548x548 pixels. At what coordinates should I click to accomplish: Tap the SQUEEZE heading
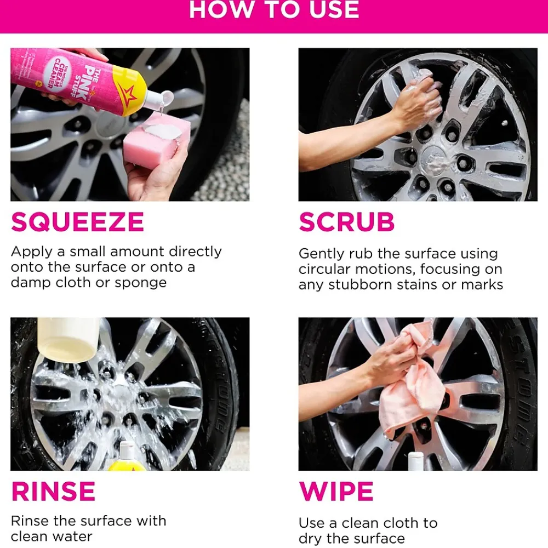[x=78, y=222]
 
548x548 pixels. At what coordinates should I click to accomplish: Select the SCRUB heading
[x=347, y=222]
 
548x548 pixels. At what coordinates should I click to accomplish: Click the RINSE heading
[x=53, y=492]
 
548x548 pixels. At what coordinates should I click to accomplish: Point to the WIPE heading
[x=336, y=492]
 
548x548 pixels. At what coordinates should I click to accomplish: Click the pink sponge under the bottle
[x=157, y=140]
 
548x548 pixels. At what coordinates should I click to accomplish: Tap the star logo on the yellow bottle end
[x=128, y=95]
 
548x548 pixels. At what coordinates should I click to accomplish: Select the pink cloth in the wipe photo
[x=413, y=385]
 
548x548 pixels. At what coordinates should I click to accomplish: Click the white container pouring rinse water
[x=68, y=339]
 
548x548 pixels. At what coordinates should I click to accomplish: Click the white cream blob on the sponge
[x=163, y=131]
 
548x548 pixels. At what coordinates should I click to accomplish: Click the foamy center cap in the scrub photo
[x=435, y=161]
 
